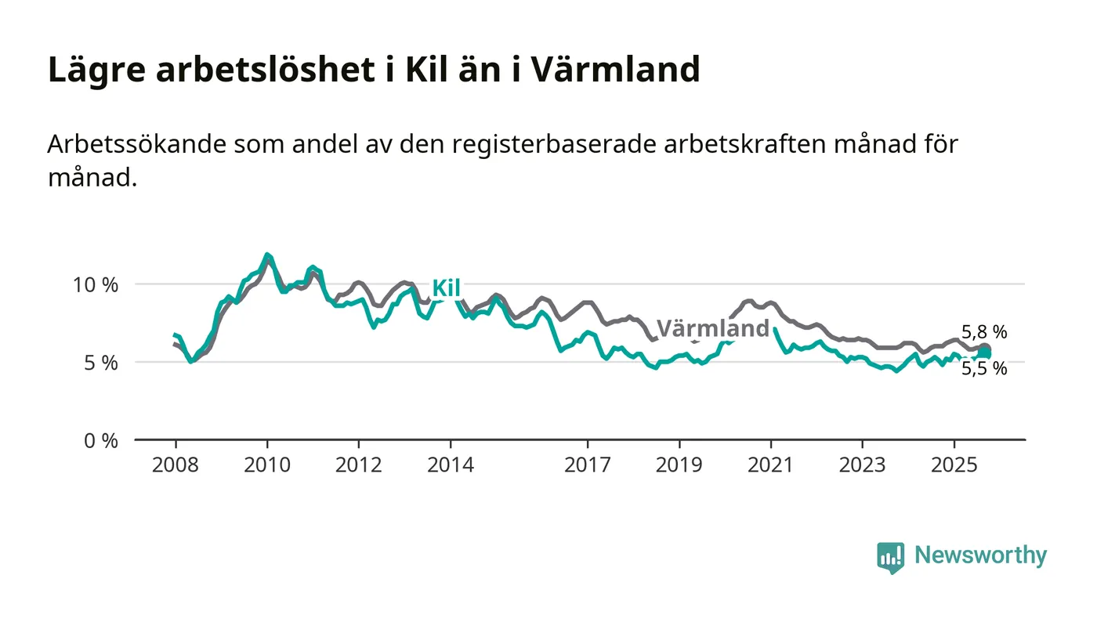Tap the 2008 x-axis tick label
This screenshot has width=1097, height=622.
pyautogui.click(x=176, y=465)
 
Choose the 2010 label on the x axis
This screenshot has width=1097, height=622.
pyautogui.click(x=267, y=465)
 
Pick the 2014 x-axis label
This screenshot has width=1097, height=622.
pyautogui.click(x=450, y=465)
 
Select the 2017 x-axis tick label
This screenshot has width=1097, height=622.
pyautogui.click(x=587, y=465)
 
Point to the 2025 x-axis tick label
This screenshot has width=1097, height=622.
pyautogui.click(x=954, y=465)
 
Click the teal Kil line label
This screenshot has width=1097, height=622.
pyautogui.click(x=446, y=288)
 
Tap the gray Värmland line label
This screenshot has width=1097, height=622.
pyautogui.click(x=712, y=328)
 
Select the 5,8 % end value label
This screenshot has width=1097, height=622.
pyautogui.click(x=984, y=332)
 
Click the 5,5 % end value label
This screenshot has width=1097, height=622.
pyautogui.click(x=984, y=369)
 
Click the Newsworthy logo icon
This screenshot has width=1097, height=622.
pyautogui.click(x=890, y=557)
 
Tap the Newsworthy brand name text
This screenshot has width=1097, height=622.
pyautogui.click(x=980, y=555)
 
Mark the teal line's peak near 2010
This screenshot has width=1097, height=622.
pyautogui.click(x=267, y=255)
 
